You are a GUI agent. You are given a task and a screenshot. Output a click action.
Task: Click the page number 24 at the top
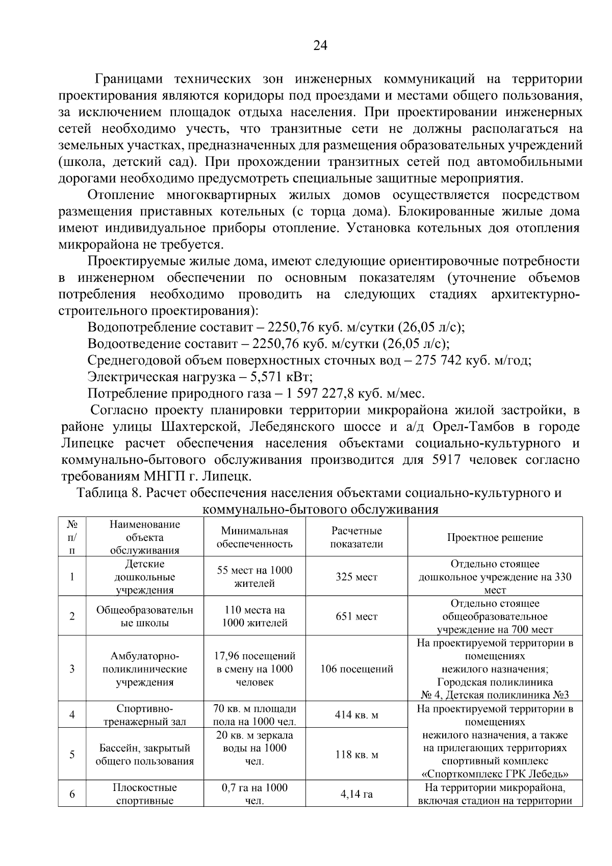coord(320,46)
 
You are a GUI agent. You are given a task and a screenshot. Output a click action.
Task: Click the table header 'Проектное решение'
coord(495,537)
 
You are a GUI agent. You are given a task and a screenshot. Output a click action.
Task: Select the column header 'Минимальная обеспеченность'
coord(254,537)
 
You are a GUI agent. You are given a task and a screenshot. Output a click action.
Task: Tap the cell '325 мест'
coord(356,577)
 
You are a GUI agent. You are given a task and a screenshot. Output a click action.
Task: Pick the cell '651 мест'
coord(356,616)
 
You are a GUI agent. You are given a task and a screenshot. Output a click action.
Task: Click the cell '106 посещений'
coord(356,669)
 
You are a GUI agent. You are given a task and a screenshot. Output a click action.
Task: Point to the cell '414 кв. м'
coord(356,715)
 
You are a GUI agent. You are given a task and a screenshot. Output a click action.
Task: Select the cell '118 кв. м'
coord(356,755)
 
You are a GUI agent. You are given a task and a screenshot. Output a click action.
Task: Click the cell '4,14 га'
coord(356,794)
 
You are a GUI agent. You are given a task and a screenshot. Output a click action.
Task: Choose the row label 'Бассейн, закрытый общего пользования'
coord(145,755)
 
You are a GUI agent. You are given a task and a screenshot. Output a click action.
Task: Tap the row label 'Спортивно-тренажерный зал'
coord(145,715)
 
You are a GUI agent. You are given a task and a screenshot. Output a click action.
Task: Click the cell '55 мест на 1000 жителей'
coord(254,577)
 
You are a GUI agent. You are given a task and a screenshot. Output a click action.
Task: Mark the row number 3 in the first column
coord(72,669)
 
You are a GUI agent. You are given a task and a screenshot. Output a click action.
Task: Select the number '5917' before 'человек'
coord(446,460)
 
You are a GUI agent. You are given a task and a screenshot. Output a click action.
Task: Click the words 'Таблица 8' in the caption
coord(107,493)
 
